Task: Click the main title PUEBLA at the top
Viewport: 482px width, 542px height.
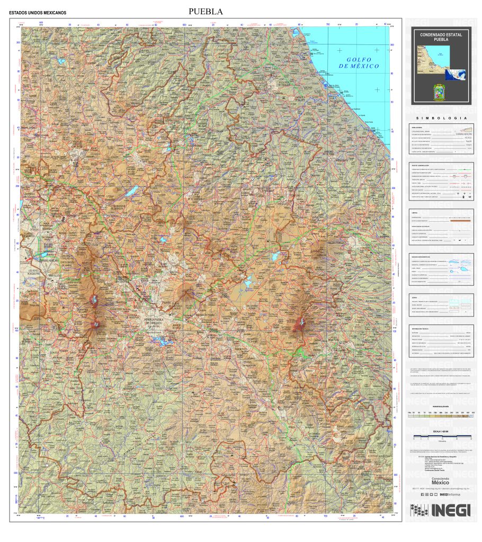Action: tap(206, 11)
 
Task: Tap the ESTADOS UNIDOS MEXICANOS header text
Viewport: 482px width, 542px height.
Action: tap(38, 12)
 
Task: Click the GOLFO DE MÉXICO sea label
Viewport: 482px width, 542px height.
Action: tap(360, 63)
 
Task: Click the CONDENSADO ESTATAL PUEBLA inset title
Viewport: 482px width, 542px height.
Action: tap(441, 37)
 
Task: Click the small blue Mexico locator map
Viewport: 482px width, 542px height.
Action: tap(455, 75)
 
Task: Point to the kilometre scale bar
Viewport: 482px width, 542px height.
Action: tap(441, 437)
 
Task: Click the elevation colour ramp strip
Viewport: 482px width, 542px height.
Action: tap(441, 416)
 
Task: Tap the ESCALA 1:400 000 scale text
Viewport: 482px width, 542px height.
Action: tap(441, 432)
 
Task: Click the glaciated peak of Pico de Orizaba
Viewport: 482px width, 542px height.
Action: tap(301, 322)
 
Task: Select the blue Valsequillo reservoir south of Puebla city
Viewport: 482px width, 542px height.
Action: tap(163, 342)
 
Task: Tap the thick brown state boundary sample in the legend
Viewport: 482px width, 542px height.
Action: tap(460, 221)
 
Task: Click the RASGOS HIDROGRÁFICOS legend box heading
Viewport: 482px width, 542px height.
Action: tap(424, 257)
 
